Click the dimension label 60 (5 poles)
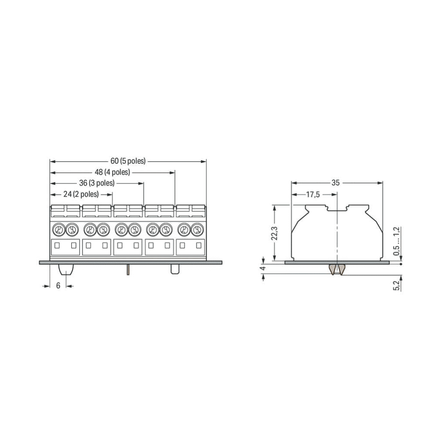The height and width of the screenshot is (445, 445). (128, 161)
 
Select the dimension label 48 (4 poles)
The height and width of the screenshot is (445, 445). (112, 172)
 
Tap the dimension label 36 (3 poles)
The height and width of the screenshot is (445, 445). (96, 183)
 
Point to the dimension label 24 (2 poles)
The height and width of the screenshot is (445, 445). (81, 194)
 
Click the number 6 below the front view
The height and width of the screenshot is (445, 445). (58, 286)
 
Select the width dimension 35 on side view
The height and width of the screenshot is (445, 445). (335, 183)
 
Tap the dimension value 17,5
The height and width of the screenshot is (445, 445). (313, 195)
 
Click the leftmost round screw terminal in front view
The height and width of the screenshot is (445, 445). (57, 229)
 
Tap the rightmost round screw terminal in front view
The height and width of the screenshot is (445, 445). (198, 229)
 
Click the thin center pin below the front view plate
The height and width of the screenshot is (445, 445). (128, 270)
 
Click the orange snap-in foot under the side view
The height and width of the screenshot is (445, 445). (336, 269)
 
